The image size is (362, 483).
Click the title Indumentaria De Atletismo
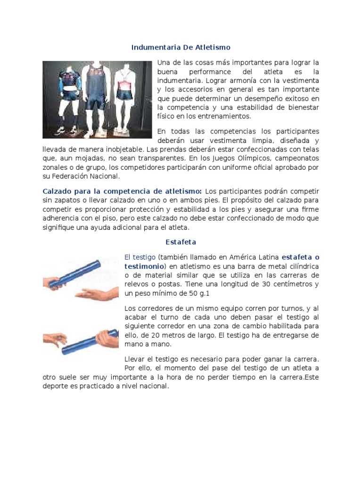pyautogui.click(x=181, y=48)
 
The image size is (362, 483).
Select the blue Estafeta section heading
pyautogui.click(x=181, y=242)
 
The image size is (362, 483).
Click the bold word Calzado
pyautogui.click(x=58, y=191)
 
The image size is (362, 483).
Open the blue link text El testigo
pyautogui.click(x=140, y=257)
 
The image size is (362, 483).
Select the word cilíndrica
pyautogui.click(x=300, y=266)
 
